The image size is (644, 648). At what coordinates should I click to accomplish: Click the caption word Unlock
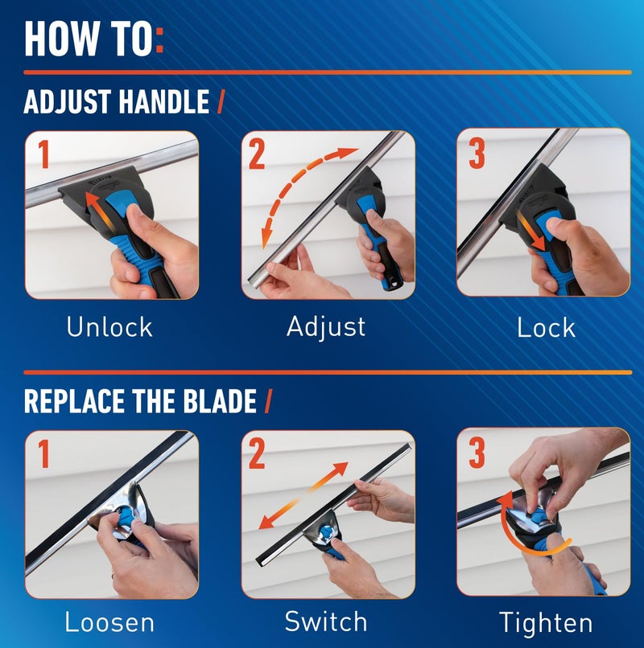tap(109, 326)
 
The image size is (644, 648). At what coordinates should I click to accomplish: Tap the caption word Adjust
tap(326, 326)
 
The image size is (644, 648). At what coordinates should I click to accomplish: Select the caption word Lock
tap(547, 326)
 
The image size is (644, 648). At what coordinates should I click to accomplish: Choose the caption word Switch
tap(326, 621)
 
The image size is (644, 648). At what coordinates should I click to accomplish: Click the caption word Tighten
tap(546, 622)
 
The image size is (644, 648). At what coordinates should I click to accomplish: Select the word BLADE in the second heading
tap(215, 400)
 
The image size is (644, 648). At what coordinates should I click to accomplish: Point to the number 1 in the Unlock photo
tap(43, 154)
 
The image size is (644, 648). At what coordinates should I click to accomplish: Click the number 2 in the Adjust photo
tap(257, 154)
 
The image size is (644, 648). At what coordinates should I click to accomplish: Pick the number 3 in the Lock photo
tap(477, 154)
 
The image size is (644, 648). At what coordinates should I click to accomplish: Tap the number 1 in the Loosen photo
tap(43, 454)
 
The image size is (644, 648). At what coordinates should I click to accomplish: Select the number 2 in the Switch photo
tap(257, 454)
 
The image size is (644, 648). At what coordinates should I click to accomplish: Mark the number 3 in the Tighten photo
tap(477, 454)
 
